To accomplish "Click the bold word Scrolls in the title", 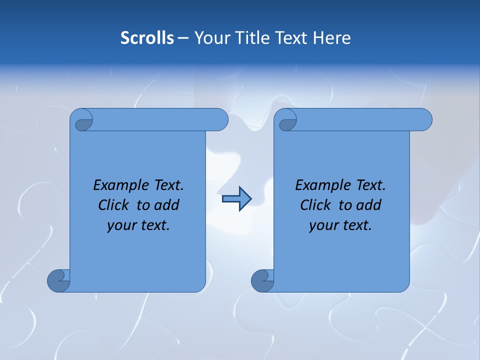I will (x=147, y=38).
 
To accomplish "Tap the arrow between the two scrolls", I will (x=236, y=199).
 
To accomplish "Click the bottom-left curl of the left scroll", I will (x=58, y=280).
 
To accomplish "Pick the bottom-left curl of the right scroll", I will (x=262, y=280).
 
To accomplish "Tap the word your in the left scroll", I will (x=121, y=225).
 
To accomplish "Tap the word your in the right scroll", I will (x=323, y=225).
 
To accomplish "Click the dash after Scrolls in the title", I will (x=183, y=38).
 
